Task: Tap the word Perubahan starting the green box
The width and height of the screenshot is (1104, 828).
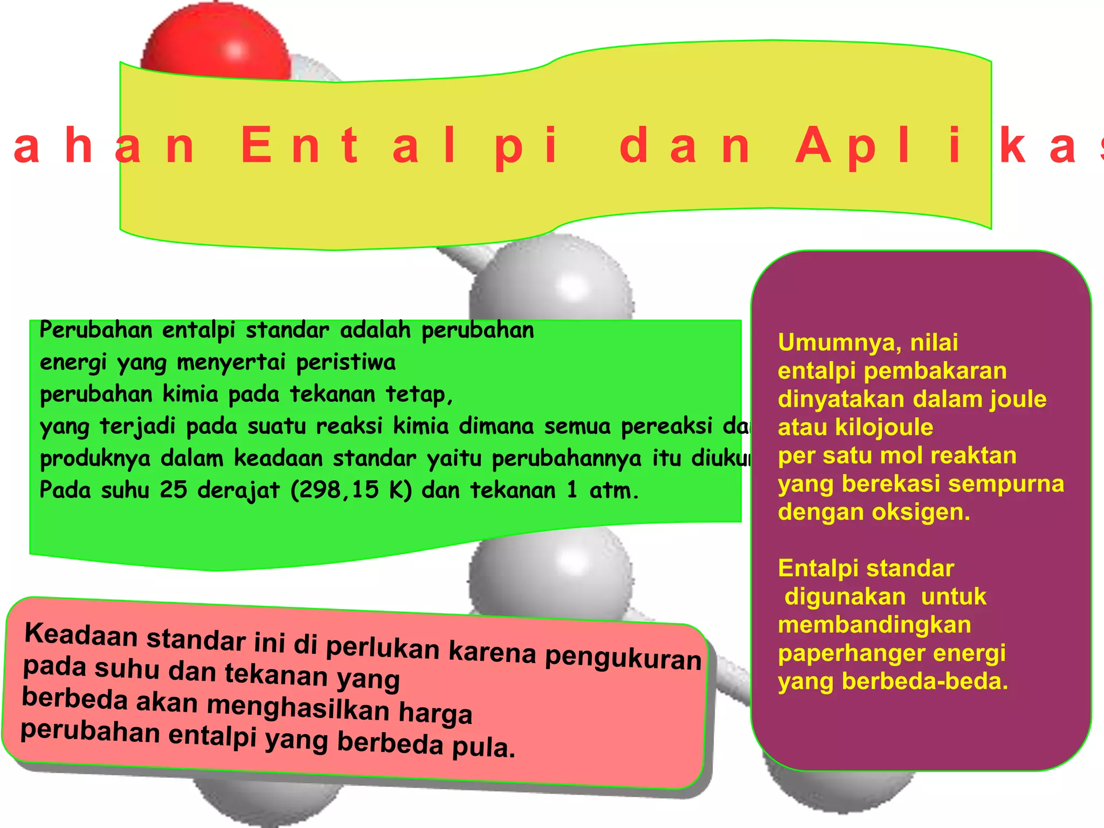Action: [96, 330]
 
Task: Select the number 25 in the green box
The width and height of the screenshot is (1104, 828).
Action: [173, 489]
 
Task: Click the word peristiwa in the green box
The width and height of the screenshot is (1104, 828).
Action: [346, 362]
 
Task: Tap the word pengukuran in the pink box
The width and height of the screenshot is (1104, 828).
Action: [623, 658]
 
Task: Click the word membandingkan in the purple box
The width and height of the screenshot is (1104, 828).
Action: [874, 625]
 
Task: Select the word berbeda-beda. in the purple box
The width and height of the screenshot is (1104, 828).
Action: [924, 681]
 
